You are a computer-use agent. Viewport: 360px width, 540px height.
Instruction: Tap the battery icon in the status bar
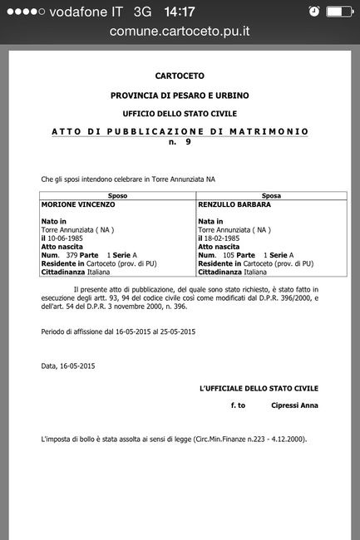[x=341, y=12]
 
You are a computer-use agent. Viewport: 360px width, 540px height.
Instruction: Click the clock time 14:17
[x=180, y=12]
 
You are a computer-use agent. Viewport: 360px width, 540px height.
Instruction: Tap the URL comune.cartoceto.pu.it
[x=180, y=32]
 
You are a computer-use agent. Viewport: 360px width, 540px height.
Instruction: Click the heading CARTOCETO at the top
[x=179, y=76]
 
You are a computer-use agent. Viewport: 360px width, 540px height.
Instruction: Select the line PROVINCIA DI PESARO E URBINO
[x=179, y=96]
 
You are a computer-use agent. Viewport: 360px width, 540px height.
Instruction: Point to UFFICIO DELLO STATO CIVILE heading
[x=179, y=112]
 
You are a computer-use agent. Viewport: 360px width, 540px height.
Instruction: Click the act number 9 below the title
[x=188, y=143]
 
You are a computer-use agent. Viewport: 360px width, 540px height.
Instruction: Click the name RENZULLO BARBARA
[x=233, y=204]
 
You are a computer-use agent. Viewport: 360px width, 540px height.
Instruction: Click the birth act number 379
[x=71, y=254]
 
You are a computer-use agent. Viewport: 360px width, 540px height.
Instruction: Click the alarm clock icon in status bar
[x=313, y=12]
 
